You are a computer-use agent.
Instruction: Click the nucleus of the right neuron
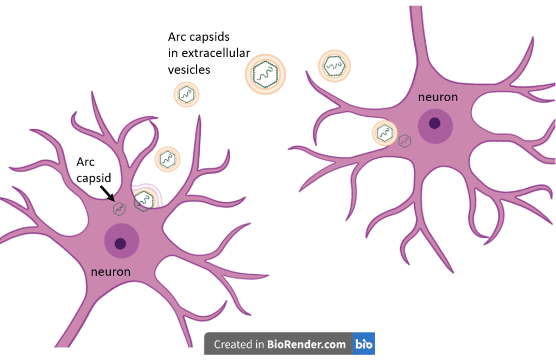[x=435, y=123]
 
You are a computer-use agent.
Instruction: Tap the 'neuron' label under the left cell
[x=111, y=271]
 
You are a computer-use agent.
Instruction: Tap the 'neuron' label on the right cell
[x=438, y=97]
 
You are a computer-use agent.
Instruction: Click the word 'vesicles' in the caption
[x=188, y=70]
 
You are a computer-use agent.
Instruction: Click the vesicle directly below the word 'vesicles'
[x=186, y=94]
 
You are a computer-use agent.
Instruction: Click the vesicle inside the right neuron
[x=384, y=132]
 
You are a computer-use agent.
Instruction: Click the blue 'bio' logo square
[x=364, y=344]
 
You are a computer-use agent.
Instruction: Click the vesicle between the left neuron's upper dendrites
[x=168, y=159]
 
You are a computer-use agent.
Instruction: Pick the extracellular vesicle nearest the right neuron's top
[x=334, y=66]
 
